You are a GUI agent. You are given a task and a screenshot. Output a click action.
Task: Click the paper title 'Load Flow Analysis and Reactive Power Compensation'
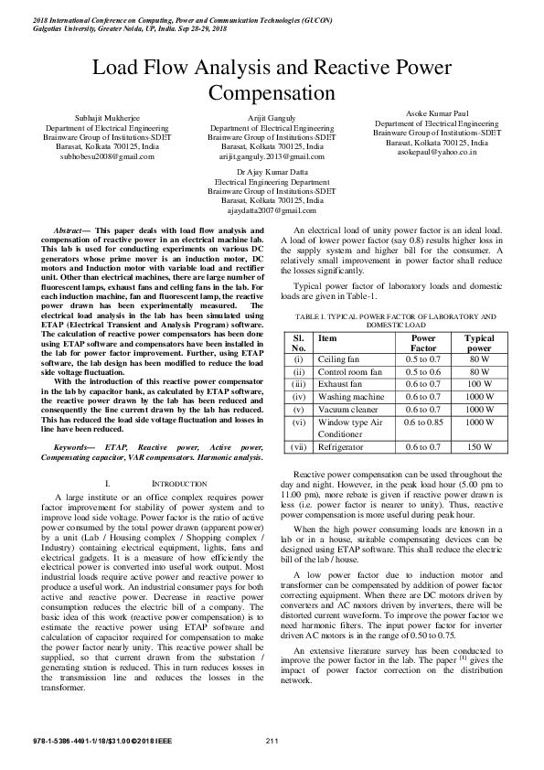[x=272, y=80]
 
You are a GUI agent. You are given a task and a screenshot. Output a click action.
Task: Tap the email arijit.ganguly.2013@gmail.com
[x=272, y=156]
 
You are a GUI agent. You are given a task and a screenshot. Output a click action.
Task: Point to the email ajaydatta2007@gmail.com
[x=272, y=209]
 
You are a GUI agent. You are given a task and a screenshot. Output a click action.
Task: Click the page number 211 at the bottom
[x=272, y=739]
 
